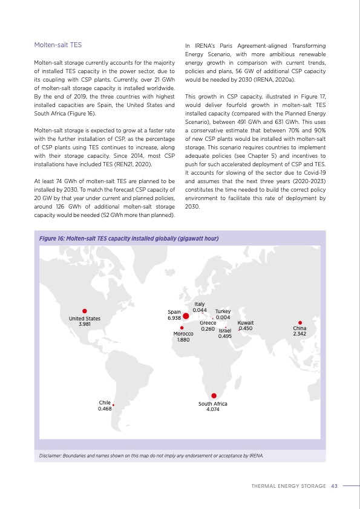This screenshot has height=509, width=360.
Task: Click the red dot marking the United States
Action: click(x=85, y=311)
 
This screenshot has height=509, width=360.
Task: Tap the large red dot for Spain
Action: click(x=186, y=314)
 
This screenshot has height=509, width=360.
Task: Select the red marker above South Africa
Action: click(x=214, y=396)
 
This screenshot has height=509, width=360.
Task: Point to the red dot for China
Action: click(x=300, y=322)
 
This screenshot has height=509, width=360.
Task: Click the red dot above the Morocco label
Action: click(x=182, y=328)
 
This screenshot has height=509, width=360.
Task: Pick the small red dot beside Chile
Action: click(x=113, y=406)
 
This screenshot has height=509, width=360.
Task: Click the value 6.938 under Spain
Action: click(x=174, y=317)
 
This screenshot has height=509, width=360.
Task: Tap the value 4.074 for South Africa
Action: click(x=212, y=409)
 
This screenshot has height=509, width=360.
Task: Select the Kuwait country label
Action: click(x=246, y=323)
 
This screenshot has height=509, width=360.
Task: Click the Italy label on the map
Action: click(x=200, y=304)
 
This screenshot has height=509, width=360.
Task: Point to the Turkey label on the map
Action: click(x=223, y=311)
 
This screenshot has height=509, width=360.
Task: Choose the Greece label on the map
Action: click(x=208, y=323)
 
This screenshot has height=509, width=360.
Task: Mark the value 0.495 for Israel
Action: click(x=225, y=336)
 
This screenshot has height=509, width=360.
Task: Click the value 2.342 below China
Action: click(x=299, y=334)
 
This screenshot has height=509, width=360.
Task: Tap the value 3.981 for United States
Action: click(x=85, y=324)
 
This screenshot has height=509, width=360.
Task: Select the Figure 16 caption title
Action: click(x=128, y=238)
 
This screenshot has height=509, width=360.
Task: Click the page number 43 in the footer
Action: click(x=334, y=485)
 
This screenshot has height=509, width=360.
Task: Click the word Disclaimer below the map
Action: click(x=53, y=455)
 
